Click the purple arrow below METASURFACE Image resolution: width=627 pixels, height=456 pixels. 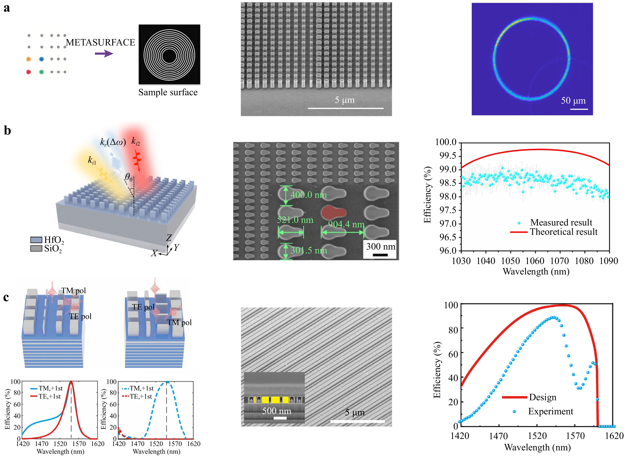click(104, 53)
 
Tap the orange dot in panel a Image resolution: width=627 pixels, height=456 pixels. click(28, 59)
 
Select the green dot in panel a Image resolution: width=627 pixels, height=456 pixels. click(41, 72)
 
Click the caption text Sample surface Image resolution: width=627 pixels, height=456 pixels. click(168, 92)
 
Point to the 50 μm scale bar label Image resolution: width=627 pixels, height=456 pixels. click(573, 101)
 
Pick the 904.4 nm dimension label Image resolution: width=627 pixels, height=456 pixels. click(346, 224)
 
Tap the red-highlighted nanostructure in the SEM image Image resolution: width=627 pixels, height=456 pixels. click(333, 212)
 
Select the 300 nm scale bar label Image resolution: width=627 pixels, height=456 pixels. click(381, 246)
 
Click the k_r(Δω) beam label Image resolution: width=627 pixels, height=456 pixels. click(113, 142)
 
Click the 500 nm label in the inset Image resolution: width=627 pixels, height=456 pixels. click(277, 411)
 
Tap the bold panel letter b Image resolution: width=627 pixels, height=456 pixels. click(7, 131)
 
